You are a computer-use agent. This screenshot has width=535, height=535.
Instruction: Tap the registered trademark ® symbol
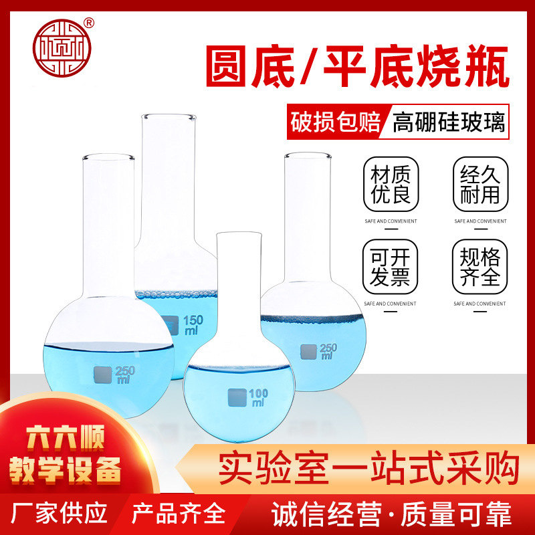89,20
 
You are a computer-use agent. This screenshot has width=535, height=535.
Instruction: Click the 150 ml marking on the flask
192,326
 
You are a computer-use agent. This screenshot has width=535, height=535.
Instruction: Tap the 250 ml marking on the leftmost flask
124,374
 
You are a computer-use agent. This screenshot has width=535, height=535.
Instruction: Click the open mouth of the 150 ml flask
170,118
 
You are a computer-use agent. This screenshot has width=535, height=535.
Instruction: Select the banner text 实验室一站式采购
368,467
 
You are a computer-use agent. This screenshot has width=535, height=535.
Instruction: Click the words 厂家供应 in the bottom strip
61,514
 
